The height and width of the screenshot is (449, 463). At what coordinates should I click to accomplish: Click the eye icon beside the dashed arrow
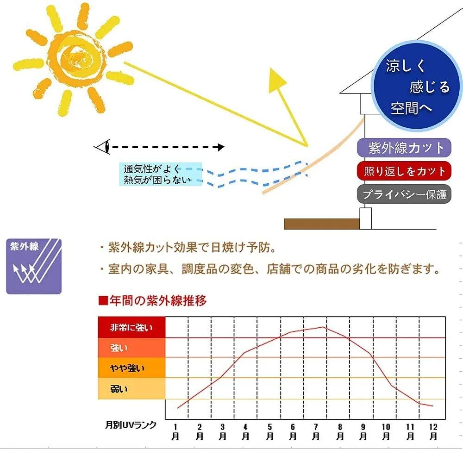click(x=103, y=146)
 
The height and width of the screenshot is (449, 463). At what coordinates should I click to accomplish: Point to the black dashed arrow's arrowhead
click(x=221, y=147)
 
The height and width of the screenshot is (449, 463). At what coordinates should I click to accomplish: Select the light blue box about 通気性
click(x=160, y=174)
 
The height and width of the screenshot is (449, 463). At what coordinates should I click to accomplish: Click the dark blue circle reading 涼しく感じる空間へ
click(x=416, y=86)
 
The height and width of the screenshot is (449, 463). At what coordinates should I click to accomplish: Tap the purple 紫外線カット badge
click(x=404, y=148)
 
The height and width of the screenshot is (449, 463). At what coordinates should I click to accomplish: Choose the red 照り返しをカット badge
click(x=404, y=171)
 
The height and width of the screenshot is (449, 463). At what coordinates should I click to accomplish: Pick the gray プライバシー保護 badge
click(x=404, y=194)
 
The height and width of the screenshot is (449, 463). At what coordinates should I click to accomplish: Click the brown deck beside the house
click(x=322, y=224)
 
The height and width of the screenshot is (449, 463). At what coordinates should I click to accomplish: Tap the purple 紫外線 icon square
click(x=34, y=266)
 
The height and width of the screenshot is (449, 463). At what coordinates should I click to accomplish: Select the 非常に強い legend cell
click(x=131, y=327)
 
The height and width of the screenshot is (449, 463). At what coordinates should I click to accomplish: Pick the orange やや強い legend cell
click(x=131, y=368)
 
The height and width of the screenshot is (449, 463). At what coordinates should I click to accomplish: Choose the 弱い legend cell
click(x=131, y=388)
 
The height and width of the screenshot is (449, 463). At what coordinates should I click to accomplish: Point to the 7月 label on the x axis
click(x=316, y=431)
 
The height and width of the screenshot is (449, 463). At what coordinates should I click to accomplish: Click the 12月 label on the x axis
click(x=433, y=431)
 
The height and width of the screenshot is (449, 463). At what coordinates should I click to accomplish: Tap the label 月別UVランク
click(x=131, y=425)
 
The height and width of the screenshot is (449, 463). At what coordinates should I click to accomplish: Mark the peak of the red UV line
click(x=324, y=327)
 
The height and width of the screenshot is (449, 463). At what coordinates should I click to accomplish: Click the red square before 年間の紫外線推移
click(x=103, y=301)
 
